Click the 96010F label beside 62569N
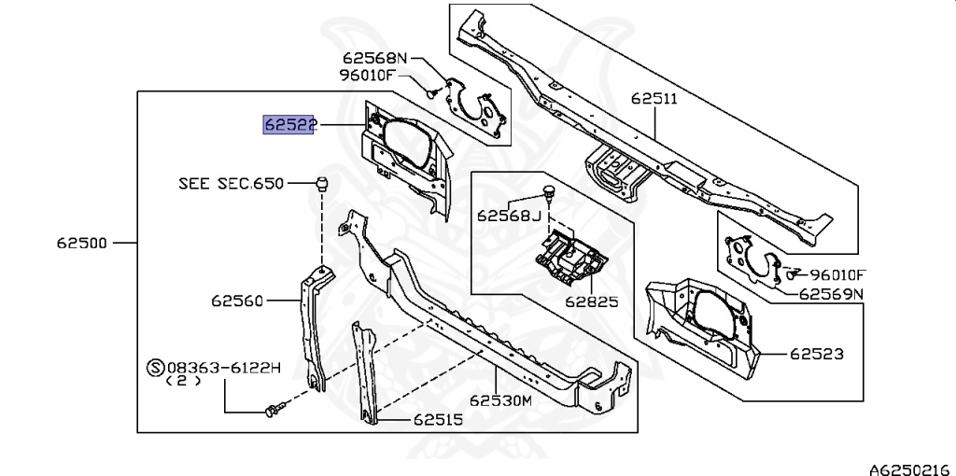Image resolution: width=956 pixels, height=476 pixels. (x=837, y=274)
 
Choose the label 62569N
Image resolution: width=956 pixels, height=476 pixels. (x=831, y=293)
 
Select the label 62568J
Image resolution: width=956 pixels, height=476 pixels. (x=509, y=216)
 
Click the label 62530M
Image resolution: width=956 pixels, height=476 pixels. (x=500, y=400)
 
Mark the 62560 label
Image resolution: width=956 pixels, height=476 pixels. (x=238, y=301)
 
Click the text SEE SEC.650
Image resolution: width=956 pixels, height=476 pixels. (x=231, y=184)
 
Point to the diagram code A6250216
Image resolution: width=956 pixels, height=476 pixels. (x=909, y=466)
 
